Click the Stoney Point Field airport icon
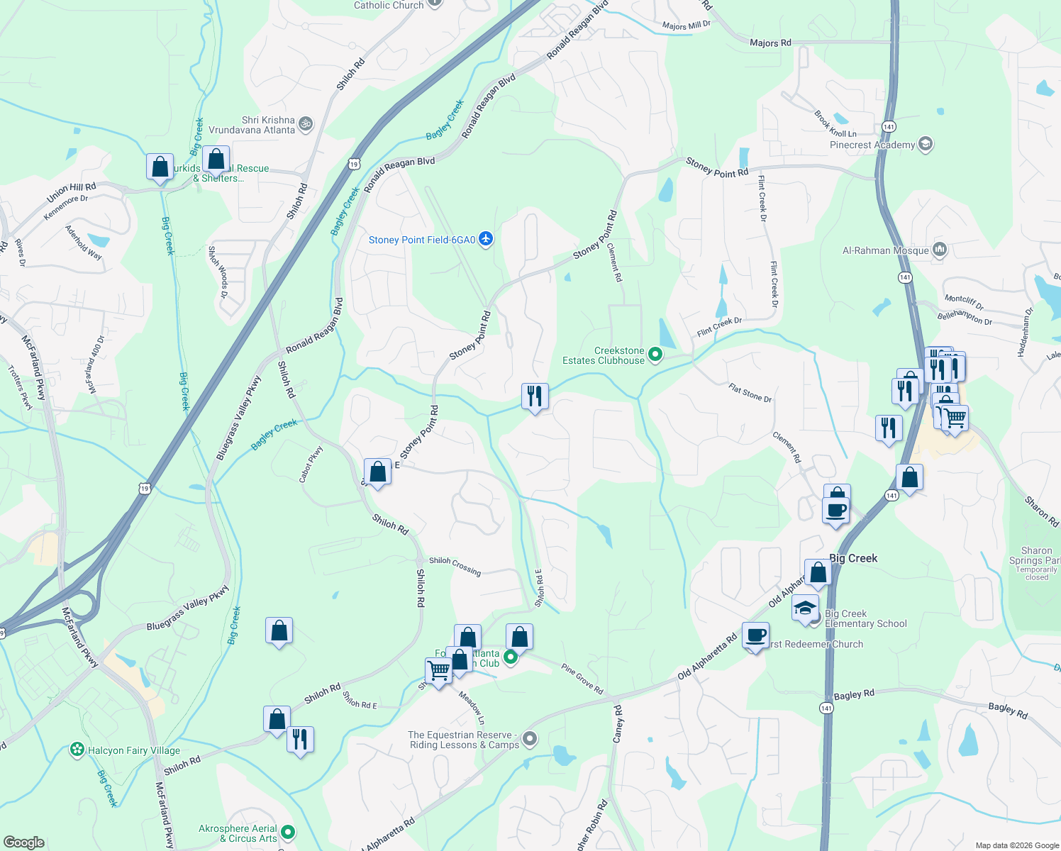point(486,239)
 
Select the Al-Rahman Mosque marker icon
point(940,250)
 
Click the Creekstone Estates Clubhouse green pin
point(655,355)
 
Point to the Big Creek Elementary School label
point(865,618)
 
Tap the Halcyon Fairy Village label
point(133,750)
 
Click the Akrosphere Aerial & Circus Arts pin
point(287,832)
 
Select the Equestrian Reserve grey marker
point(529,740)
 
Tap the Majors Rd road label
point(770,43)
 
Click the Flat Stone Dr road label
point(750,393)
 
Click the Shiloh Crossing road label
point(455,565)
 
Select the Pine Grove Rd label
point(582,679)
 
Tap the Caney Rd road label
point(618,724)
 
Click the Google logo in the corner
point(23,842)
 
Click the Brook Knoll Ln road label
point(835,124)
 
